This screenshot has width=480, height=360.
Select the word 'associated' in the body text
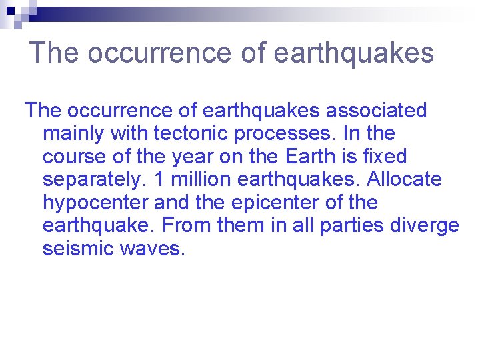click(x=376, y=111)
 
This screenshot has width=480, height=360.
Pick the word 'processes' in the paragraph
click(x=285, y=134)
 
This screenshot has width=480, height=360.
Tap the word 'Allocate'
click(x=404, y=180)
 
